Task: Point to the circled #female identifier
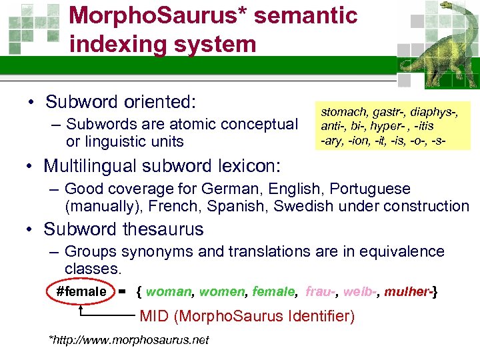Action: (81, 291)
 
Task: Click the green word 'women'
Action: (223, 291)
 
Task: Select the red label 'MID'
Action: (154, 316)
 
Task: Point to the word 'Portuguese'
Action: (373, 189)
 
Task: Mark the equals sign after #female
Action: (122, 291)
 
